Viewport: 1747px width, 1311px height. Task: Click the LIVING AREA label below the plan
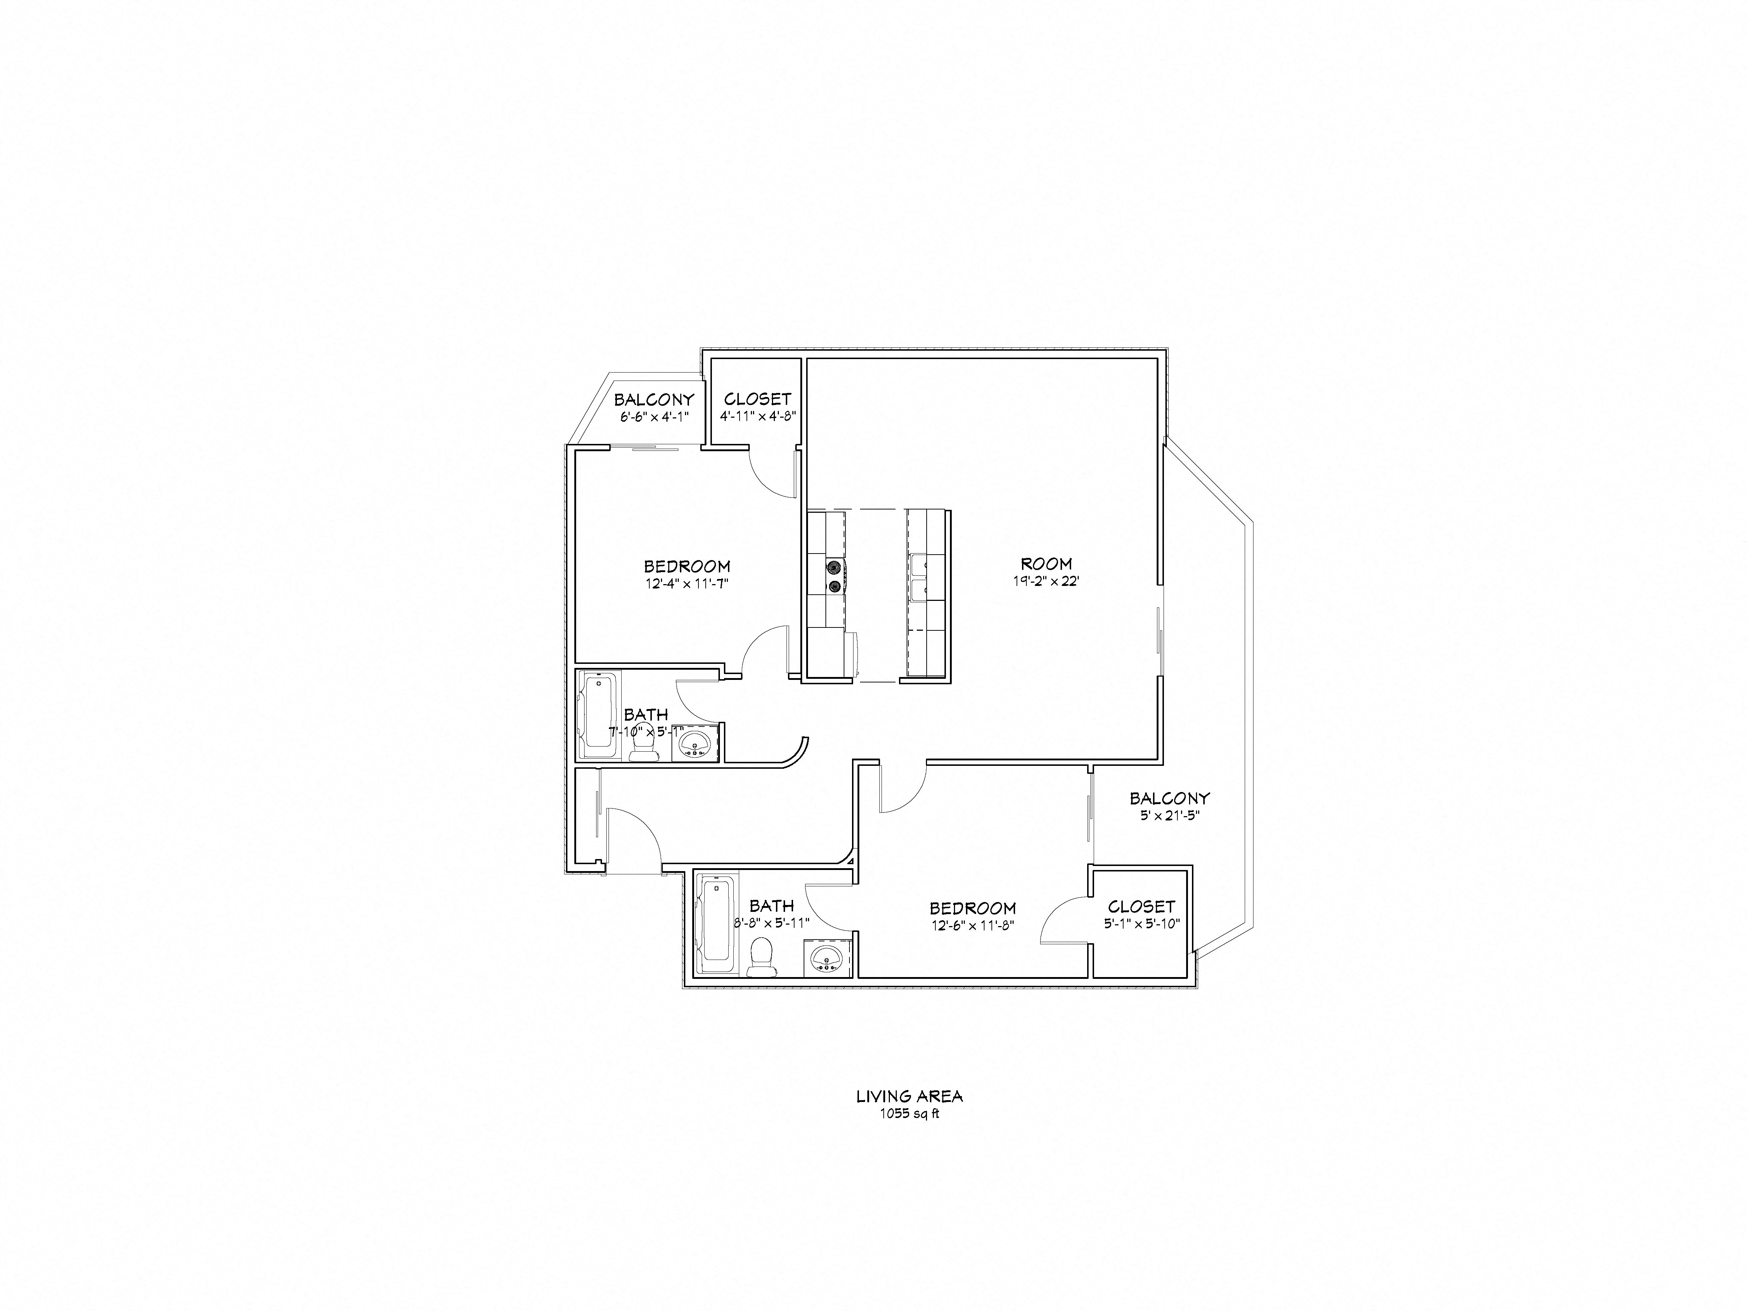(909, 1096)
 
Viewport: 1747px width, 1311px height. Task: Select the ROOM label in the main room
(1046, 563)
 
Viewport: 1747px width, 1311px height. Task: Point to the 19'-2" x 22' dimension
(1046, 582)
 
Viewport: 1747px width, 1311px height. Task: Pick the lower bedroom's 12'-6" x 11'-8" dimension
(972, 926)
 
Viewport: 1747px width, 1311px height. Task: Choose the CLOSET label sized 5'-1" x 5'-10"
(1141, 906)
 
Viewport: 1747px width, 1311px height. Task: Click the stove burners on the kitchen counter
(835, 575)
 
